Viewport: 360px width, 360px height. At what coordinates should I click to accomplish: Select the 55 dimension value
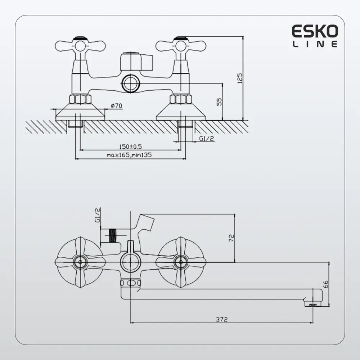pos(220,102)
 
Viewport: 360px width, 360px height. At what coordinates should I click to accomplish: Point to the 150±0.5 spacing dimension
pos(131,147)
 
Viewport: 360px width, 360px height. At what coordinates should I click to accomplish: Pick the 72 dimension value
pos(231,238)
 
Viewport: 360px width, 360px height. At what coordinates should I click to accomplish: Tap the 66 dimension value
pos(326,284)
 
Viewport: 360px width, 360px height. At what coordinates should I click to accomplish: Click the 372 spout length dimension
pos(222,319)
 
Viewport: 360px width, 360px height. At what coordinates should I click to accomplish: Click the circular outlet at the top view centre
pos(130,83)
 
